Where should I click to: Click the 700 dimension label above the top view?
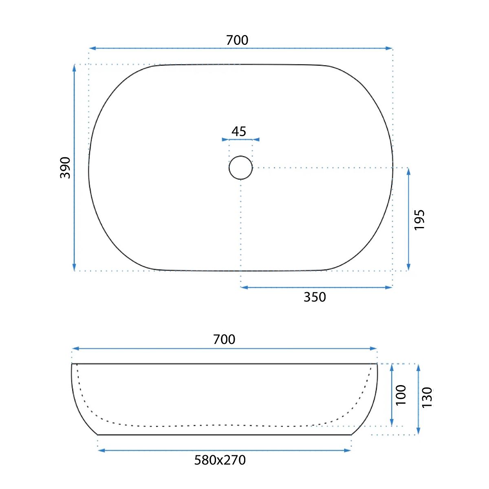point(237,40)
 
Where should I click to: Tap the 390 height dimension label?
point(65,168)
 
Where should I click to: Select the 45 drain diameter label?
point(238,132)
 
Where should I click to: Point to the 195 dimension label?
point(419,220)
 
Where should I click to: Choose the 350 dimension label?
point(315,297)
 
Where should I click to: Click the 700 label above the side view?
point(224,339)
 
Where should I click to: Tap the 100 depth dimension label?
point(401,395)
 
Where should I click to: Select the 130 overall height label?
point(427,397)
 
